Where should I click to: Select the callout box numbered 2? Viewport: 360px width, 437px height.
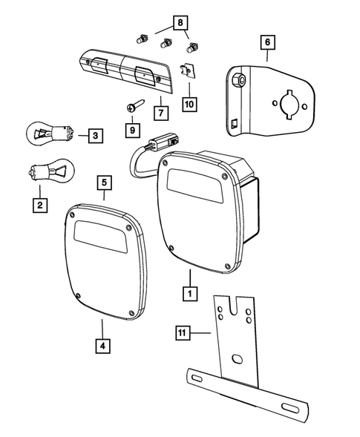point(38,203)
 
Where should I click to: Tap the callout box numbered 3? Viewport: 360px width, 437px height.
point(95,136)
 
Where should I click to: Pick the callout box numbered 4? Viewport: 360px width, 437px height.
point(100,345)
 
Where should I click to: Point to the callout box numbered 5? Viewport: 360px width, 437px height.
point(103,182)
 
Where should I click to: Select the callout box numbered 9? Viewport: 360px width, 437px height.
point(132,130)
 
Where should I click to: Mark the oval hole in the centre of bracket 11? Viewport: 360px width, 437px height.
point(237,358)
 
